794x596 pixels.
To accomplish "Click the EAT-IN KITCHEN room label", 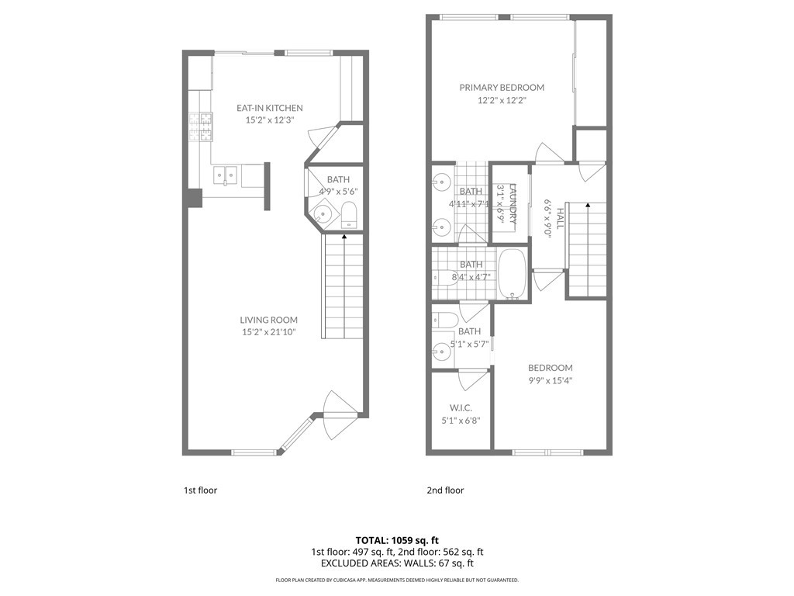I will pos(269,108).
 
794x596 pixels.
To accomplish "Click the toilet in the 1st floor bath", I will pos(349,215).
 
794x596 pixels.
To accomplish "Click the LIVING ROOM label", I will pos(268,320).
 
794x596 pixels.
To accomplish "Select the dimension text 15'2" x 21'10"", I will pos(268,332).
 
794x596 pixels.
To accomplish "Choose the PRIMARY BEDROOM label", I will pos(502,88).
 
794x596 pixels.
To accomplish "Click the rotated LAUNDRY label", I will pos(512,203).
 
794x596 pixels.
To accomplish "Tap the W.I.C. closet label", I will pos(461,408).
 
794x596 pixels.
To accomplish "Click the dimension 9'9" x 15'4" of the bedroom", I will pos(550,380).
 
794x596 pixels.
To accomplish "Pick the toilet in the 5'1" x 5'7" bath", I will pos(445,319).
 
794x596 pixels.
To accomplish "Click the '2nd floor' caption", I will pos(445,490).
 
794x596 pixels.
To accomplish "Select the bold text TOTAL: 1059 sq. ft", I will pos(397,540).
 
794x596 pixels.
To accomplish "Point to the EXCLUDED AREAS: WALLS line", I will pos(397,563).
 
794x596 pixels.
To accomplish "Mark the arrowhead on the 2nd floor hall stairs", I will pos(588,206).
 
